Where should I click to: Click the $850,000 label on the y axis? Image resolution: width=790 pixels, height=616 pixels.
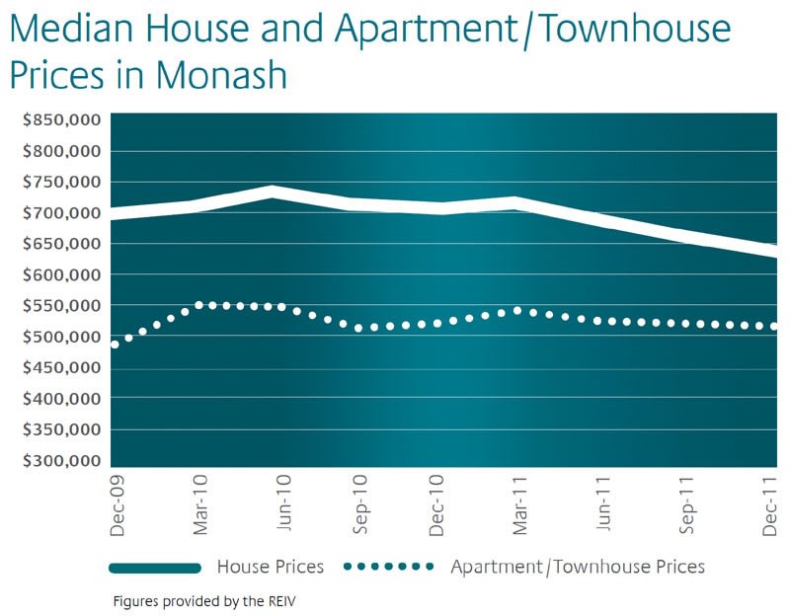(62, 120)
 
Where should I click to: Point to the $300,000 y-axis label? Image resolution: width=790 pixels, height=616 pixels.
(62, 461)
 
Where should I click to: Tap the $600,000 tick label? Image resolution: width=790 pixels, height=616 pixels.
(62, 275)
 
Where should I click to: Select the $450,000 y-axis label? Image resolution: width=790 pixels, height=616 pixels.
(62, 368)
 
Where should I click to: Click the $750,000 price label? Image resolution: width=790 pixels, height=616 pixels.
(62, 183)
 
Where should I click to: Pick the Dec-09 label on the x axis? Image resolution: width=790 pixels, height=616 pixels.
(118, 505)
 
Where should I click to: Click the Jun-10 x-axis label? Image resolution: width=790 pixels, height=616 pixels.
(281, 505)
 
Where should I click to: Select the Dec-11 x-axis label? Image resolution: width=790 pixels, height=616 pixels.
(770, 505)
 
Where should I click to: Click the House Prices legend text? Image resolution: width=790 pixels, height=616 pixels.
(270, 567)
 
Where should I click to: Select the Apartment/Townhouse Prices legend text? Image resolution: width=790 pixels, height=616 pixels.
(578, 567)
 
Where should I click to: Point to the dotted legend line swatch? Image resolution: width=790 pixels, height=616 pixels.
(389, 567)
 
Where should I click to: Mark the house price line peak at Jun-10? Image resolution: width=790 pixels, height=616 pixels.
(273, 192)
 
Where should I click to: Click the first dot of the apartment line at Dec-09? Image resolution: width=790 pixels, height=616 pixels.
(116, 345)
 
